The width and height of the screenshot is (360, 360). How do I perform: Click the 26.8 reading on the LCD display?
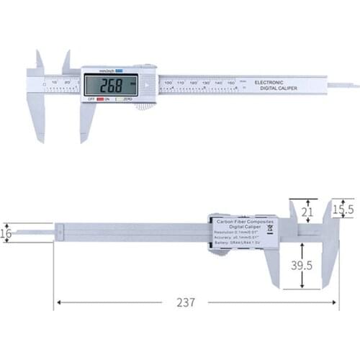coord(111,84)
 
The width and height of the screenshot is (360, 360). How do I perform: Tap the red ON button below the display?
coord(107,99)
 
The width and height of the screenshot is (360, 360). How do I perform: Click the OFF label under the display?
coord(91,99)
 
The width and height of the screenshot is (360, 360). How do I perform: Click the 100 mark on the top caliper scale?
coord(168,83)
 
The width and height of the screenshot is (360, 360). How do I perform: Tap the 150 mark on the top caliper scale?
coord(231,83)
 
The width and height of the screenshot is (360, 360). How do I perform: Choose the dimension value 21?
coord(307,212)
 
